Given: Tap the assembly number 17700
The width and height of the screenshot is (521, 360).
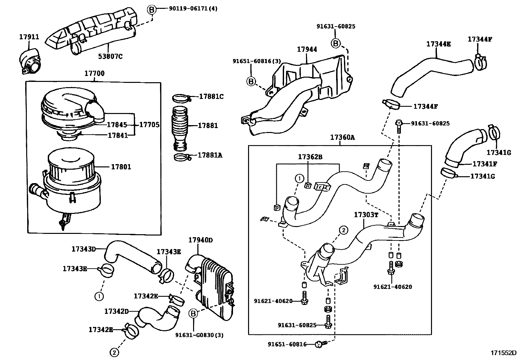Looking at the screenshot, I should pos(94,73).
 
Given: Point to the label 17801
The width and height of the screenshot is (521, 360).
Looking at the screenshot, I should pos(121,167).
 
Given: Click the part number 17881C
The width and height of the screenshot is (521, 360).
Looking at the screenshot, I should pos(211,97).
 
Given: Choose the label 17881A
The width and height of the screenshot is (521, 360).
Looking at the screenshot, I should pos(210,155).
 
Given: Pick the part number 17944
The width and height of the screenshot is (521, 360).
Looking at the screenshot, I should pos(307,49).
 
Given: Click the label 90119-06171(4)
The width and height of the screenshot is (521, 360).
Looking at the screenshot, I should pos(193,9).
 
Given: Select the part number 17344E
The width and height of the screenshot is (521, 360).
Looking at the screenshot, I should pos(438,44).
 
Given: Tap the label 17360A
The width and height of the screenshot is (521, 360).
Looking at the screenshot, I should pos(342,138).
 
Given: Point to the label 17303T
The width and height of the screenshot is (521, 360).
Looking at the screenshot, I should pos(366,215).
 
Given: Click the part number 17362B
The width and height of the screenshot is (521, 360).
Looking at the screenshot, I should pos(310,157).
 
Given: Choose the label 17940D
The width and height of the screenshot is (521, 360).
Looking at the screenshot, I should pos(200,240).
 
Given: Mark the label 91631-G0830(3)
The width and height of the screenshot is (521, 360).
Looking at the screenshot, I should pos(199,335).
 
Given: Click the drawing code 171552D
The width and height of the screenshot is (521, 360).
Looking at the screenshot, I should pos(503,353).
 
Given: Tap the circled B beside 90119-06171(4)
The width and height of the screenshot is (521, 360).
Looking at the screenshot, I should pos(151,10).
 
